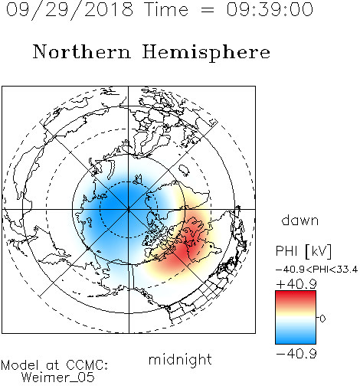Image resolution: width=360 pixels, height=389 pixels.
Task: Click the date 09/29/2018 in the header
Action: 70,10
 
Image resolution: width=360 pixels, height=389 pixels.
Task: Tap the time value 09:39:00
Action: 270,9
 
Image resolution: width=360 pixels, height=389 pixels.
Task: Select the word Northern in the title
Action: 82,51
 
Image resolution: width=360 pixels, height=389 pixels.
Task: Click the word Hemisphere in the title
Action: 206,53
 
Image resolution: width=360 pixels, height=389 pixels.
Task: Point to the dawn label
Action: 300,220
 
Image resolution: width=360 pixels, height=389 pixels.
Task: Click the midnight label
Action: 180,359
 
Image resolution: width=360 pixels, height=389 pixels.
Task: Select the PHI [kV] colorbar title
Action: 303,251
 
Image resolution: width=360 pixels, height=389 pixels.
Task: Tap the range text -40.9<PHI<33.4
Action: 316,270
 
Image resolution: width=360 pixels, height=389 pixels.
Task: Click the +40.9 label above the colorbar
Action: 296,284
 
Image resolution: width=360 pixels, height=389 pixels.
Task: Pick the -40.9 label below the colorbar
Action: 296,354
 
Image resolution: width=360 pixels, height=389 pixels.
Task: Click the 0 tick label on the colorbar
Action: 322,319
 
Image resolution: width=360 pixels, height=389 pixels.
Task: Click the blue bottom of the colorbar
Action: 296,339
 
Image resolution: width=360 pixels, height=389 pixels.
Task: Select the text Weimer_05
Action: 58,378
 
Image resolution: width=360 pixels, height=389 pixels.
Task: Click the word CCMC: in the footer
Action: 87,365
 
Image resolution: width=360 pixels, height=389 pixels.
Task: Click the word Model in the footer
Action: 20,365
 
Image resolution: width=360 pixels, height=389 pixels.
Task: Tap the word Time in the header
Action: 166,9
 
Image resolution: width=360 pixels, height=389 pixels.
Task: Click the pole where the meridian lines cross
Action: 129,210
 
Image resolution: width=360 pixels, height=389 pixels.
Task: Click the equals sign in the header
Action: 207,10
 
